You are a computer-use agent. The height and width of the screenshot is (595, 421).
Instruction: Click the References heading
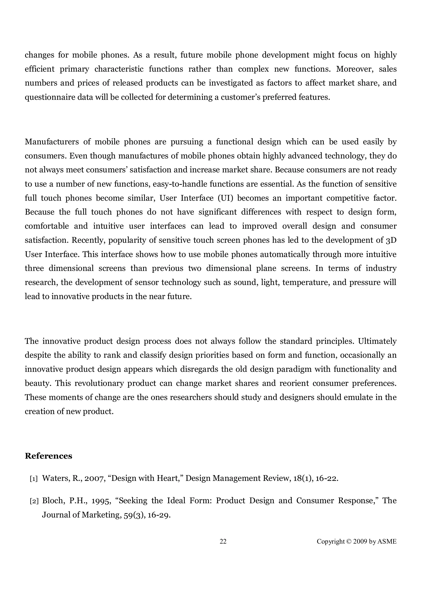click(x=49, y=456)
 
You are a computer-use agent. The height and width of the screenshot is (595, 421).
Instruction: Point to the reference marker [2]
click(x=34, y=501)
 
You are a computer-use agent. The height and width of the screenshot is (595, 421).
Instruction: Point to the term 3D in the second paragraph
click(x=391, y=240)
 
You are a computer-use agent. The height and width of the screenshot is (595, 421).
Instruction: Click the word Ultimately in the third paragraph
click(x=377, y=341)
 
